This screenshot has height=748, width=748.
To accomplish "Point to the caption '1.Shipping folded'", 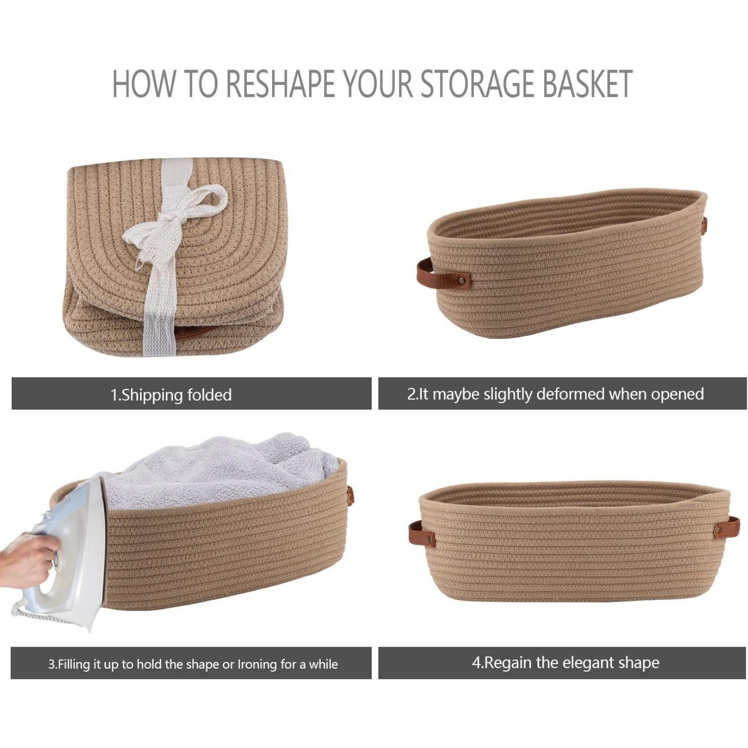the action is point(171,395).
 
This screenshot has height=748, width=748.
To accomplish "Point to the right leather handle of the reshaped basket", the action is point(726,525).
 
